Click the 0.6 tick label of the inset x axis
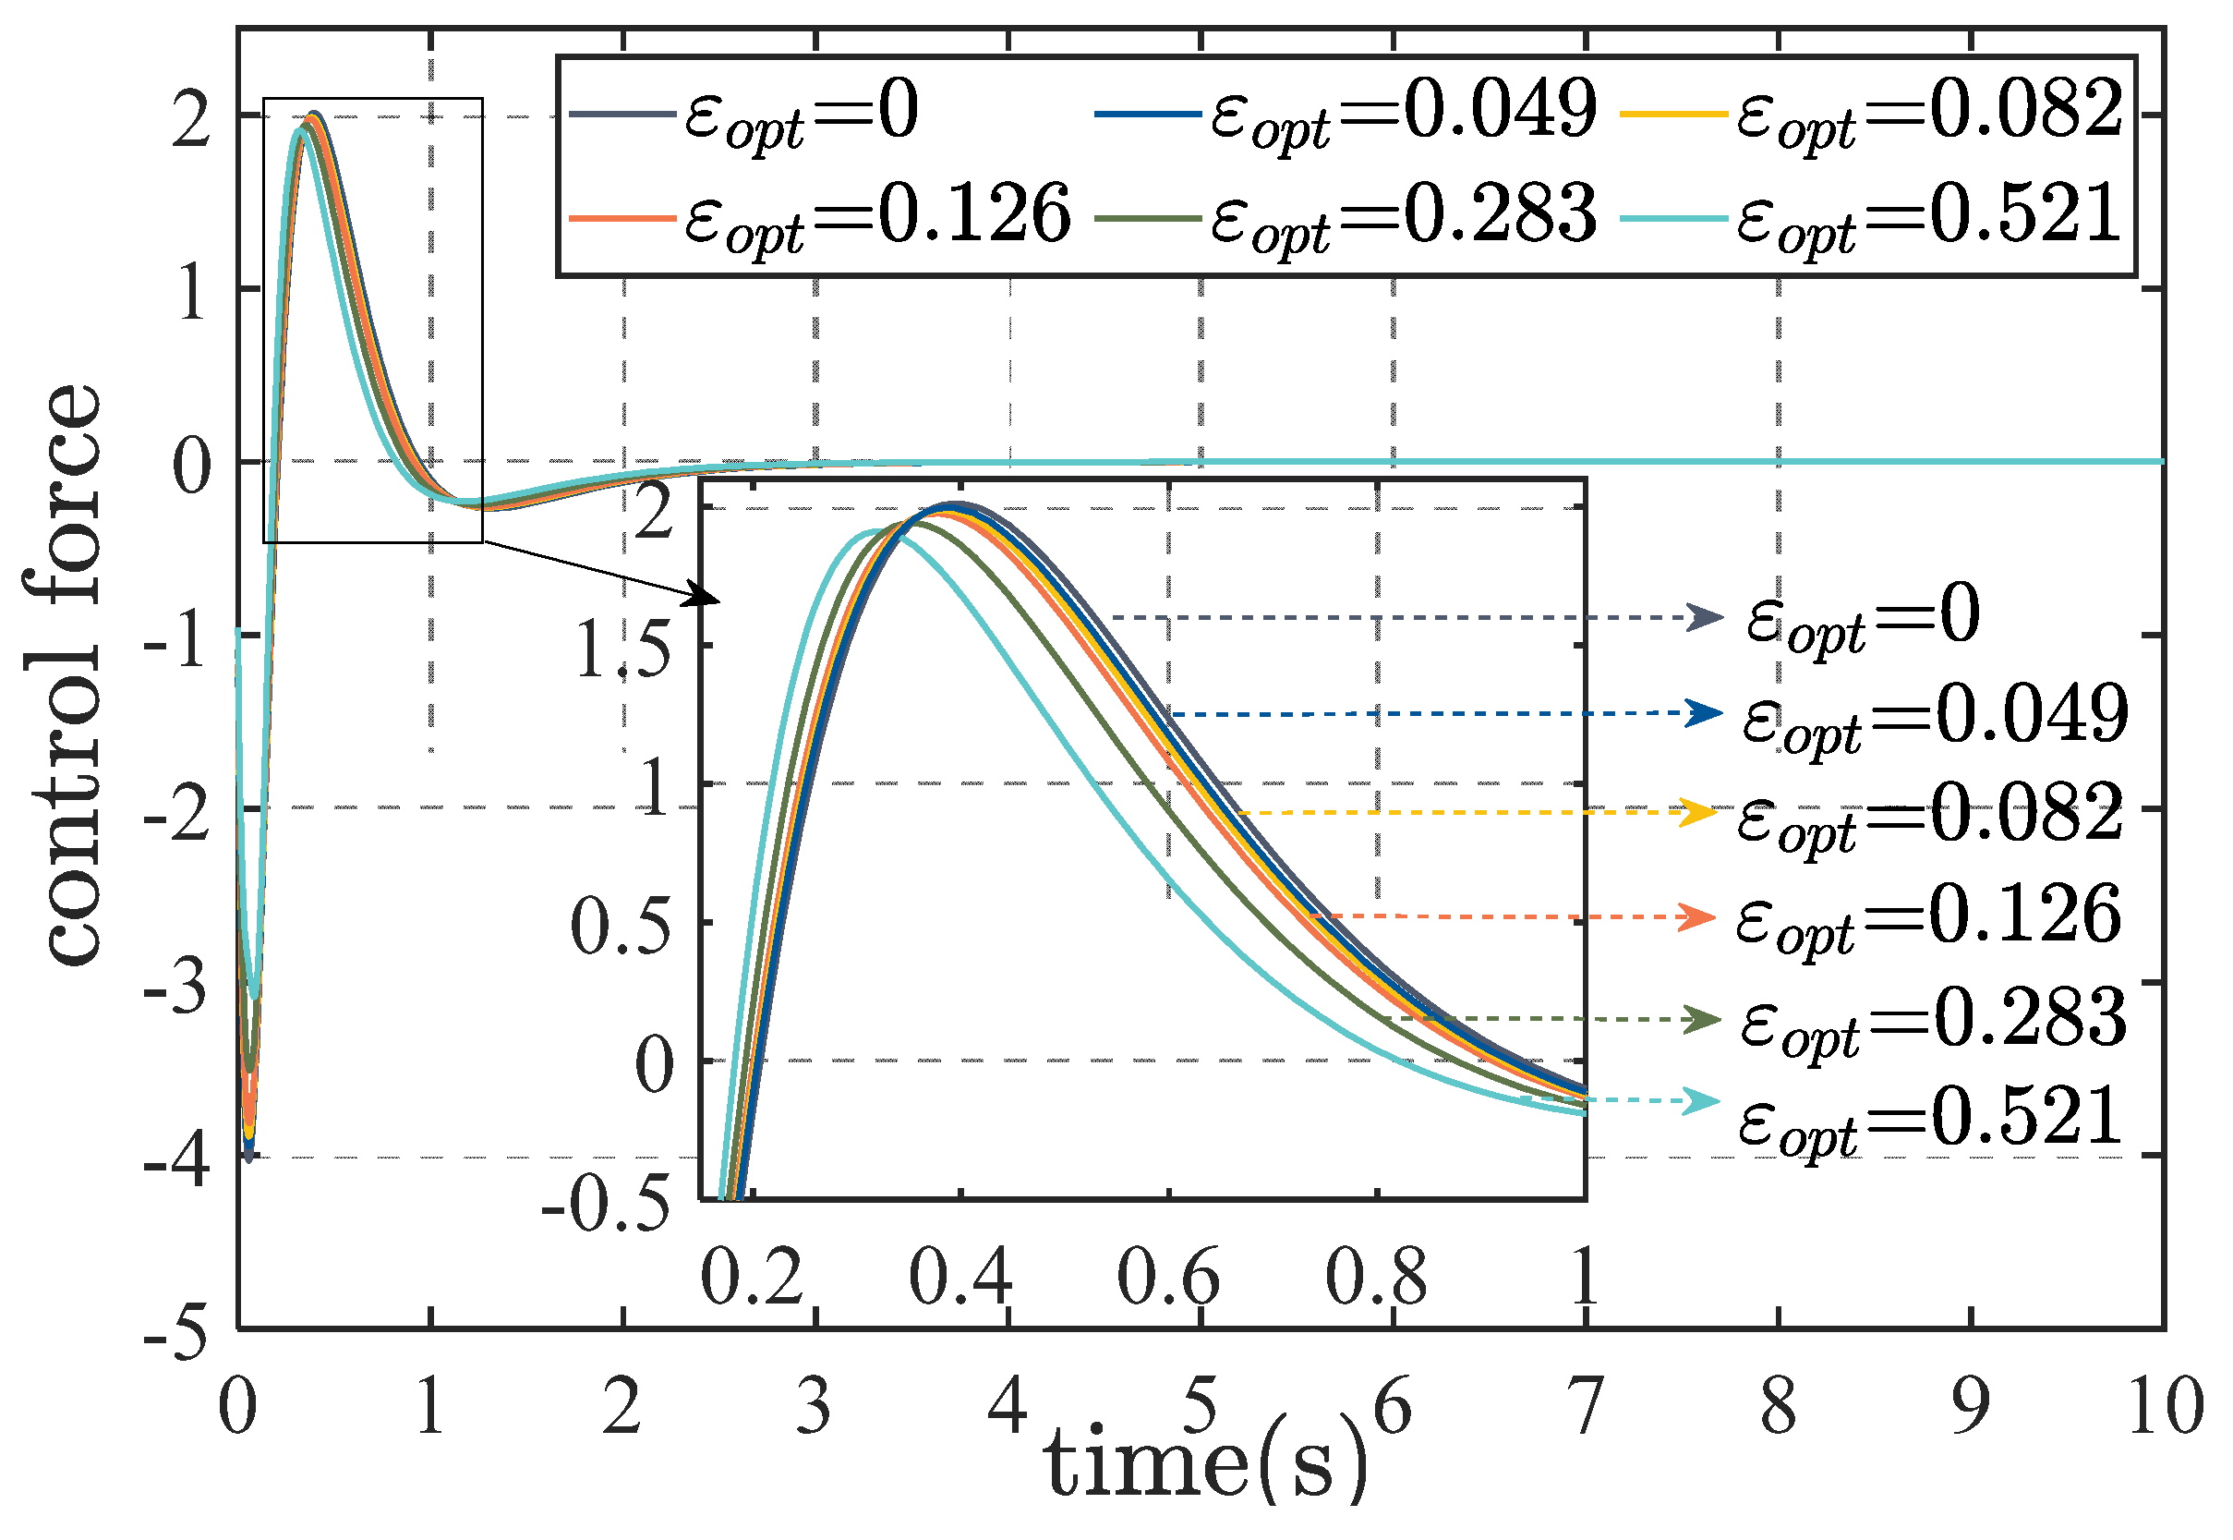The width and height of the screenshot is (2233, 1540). pos(1168,1278)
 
